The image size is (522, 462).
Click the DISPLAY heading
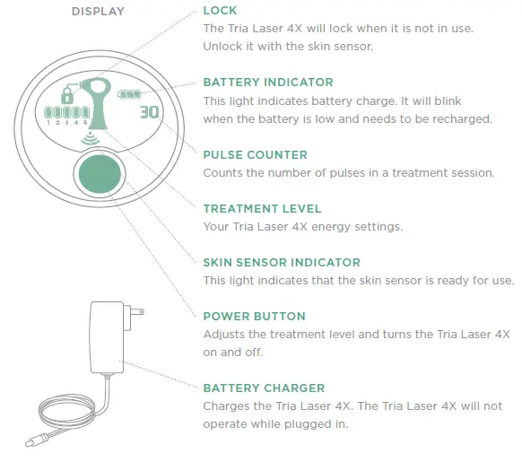pos(99,12)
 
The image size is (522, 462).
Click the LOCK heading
pos(221,11)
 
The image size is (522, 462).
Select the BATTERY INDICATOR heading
pos(268,83)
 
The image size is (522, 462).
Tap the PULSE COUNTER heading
pos(255,154)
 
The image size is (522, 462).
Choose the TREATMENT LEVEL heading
pos(263,208)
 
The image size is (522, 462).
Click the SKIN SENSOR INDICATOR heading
pos(282,262)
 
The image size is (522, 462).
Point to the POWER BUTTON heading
pos(254,316)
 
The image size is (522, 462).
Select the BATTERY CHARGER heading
pos(264,388)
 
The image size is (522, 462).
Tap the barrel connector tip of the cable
pos(31,440)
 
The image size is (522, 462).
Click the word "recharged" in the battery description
pos(464,119)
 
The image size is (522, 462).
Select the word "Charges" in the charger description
pos(226,406)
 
